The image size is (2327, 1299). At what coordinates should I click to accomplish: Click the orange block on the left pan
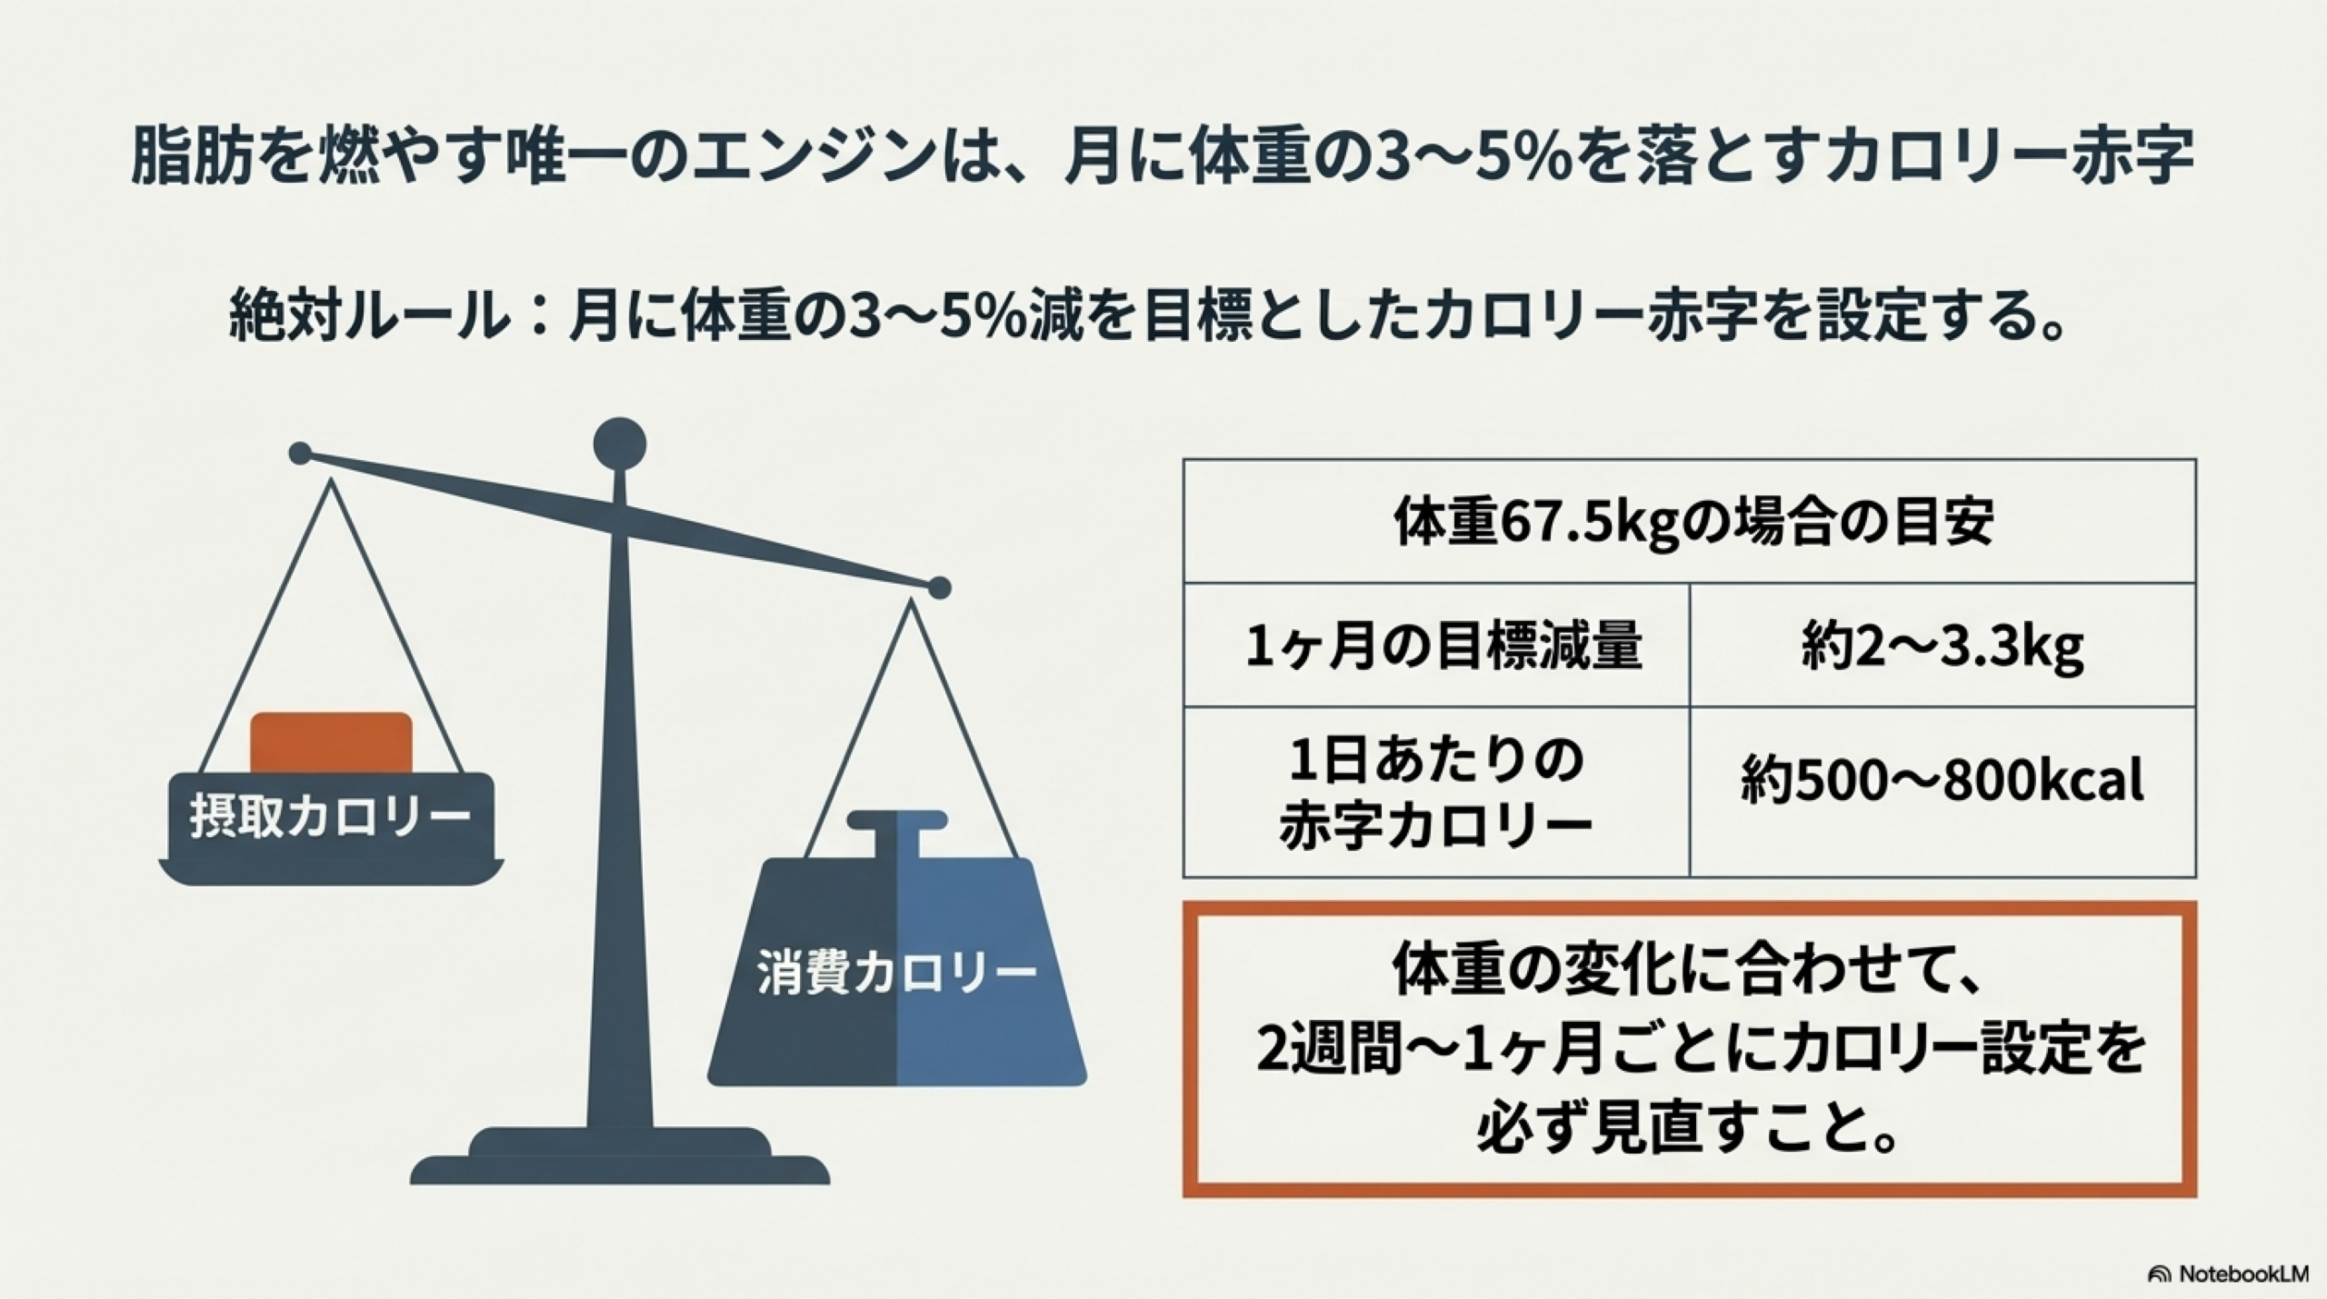click(331, 742)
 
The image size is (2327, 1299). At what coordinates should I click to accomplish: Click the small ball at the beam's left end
click(300, 453)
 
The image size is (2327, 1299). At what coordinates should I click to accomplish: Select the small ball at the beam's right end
click(940, 588)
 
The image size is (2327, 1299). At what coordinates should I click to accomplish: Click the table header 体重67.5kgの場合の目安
click(1690, 522)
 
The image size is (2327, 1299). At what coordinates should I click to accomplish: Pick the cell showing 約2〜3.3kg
click(1942, 646)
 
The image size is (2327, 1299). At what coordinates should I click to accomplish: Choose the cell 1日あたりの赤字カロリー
click(1436, 793)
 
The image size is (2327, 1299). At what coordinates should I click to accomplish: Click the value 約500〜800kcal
click(1942, 780)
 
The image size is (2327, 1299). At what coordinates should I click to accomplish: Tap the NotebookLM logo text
click(2241, 1274)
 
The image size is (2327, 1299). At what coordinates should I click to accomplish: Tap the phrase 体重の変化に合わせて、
click(1689, 972)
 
